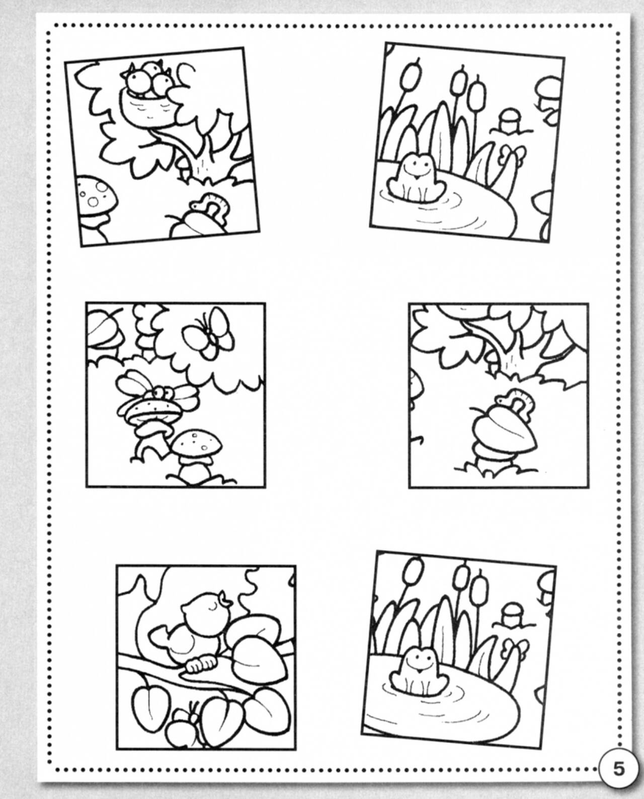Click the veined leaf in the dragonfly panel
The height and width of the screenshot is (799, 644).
click(x=104, y=327)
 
